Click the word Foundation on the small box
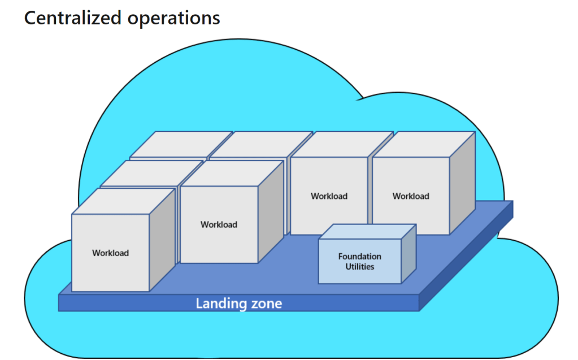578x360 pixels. click(359, 257)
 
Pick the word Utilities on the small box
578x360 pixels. click(359, 266)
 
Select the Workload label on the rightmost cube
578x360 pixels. click(411, 196)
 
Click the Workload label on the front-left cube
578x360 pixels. click(110, 253)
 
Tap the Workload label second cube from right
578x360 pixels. click(329, 196)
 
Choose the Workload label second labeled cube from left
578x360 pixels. click(219, 224)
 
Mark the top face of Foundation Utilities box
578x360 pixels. click(368, 231)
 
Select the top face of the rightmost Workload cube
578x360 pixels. click(424, 144)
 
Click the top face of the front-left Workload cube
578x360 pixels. click(123, 201)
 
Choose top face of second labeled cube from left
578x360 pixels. click(232, 173)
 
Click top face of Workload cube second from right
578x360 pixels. click(342, 144)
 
